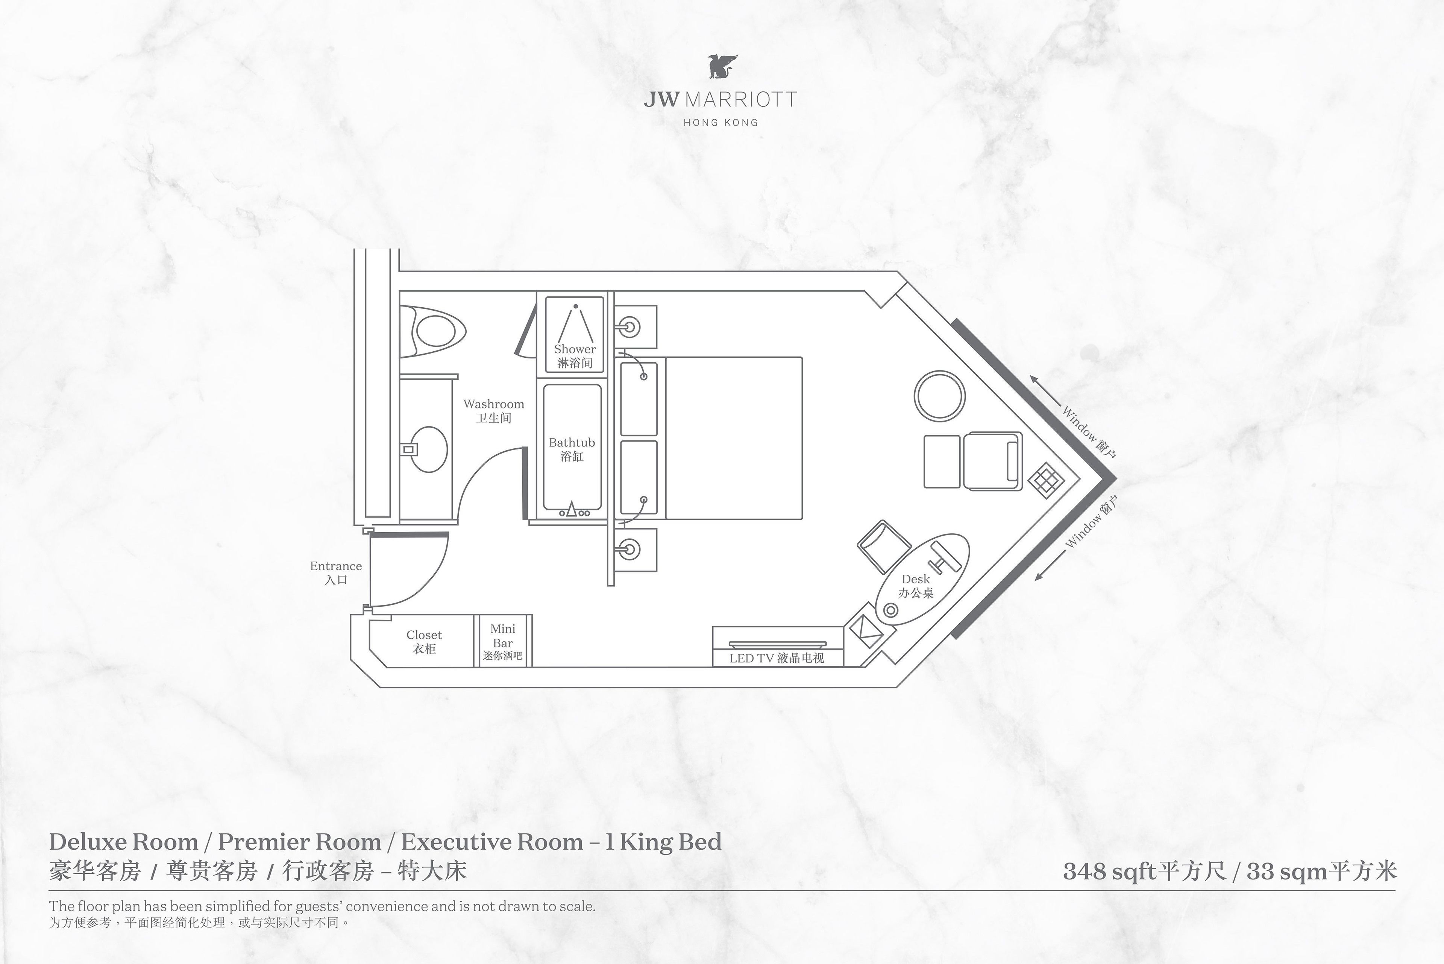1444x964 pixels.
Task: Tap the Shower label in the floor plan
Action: coord(575,349)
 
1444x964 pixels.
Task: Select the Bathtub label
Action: coord(572,443)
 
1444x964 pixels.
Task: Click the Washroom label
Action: coord(494,404)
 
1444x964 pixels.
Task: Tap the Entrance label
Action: coord(336,566)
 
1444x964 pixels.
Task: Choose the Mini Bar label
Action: coord(503,636)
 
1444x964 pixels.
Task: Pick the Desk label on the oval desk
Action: coord(915,579)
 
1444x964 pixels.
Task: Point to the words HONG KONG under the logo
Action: coord(720,122)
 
